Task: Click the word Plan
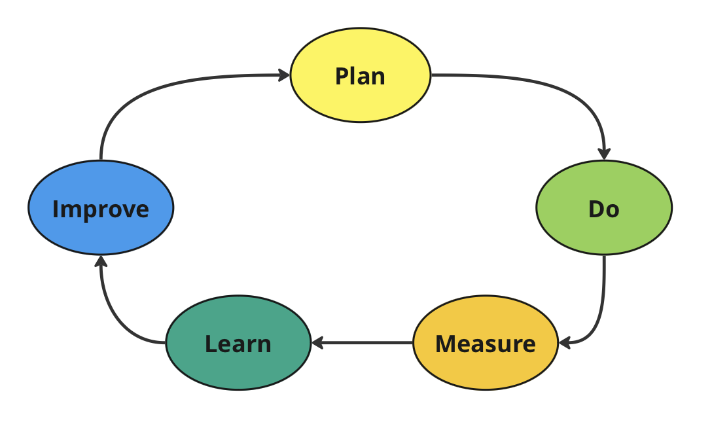(361, 76)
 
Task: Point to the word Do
(603, 209)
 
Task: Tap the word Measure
(486, 344)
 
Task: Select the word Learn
(238, 344)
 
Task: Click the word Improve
(101, 209)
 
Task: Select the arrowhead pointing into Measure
(565, 342)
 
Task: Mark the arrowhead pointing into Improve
(101, 261)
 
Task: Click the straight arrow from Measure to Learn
(363, 342)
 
